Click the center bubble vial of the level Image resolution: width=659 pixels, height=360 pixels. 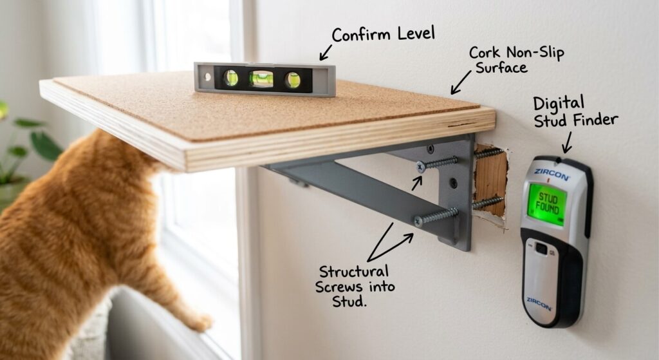tap(261, 79)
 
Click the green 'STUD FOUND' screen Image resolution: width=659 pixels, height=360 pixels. tap(547, 202)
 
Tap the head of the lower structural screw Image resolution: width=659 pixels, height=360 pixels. tap(418, 220)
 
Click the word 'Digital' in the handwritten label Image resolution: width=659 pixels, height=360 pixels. tap(559, 102)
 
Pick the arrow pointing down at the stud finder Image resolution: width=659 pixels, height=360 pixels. tap(568, 142)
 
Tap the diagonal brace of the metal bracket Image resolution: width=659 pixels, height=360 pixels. tap(348, 193)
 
